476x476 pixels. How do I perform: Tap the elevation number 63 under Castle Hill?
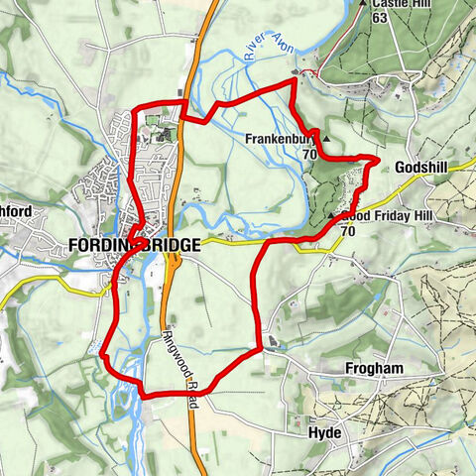point(380,17)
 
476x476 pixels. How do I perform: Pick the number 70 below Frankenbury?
point(309,156)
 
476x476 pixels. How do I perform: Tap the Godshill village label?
point(421,169)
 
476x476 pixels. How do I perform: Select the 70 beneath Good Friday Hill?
point(347,231)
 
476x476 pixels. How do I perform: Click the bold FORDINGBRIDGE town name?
point(134,245)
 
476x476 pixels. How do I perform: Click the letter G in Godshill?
point(399,169)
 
